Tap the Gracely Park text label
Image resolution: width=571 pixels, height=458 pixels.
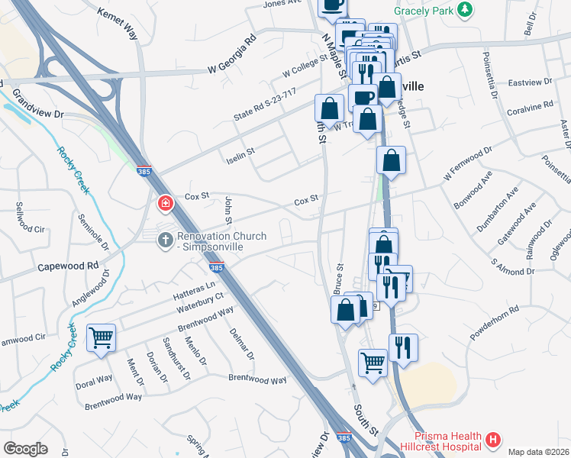(x=424, y=11)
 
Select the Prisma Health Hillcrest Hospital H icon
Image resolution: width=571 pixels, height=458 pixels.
(x=493, y=440)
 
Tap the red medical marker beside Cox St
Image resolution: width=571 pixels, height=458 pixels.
(x=164, y=204)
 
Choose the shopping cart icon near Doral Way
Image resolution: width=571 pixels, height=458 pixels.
(x=101, y=337)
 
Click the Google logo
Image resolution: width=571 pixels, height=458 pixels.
(x=24, y=449)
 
